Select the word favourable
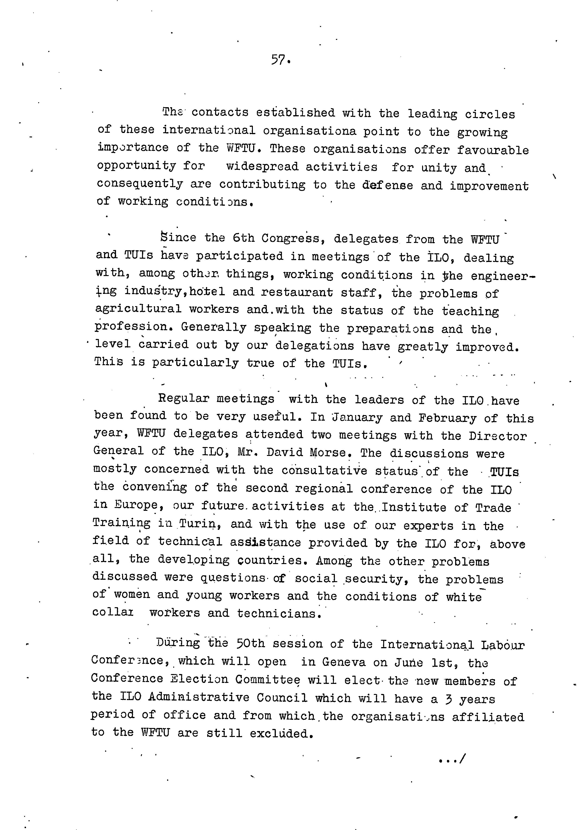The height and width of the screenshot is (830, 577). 492,150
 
